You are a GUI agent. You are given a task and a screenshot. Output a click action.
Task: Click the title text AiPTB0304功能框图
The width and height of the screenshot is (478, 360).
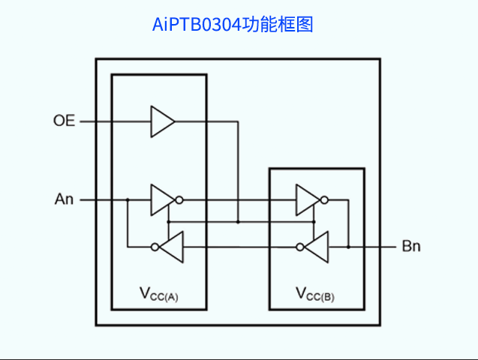tap(233, 25)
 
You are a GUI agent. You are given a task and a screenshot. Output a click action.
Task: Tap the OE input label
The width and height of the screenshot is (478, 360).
tap(64, 121)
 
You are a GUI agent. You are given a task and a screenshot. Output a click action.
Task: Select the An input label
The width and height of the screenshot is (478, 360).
tap(65, 199)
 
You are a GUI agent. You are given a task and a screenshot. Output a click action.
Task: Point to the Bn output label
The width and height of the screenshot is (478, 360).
tap(411, 246)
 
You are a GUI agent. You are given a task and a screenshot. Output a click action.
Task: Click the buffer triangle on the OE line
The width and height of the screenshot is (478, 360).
tap(161, 121)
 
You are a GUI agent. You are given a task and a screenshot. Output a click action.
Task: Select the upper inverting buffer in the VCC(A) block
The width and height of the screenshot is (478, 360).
tap(161, 199)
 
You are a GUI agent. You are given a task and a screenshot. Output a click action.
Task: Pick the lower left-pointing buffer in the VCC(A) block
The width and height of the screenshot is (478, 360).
tap(172, 247)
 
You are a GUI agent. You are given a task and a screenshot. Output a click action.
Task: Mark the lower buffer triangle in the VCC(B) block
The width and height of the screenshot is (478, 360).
tap(317, 247)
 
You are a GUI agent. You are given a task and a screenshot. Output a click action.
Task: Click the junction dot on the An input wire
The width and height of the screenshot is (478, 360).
tap(128, 199)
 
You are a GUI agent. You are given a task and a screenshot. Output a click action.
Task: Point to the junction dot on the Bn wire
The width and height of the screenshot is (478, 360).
tap(348, 246)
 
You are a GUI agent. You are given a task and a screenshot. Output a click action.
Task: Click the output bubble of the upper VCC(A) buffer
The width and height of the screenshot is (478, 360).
tap(179, 199)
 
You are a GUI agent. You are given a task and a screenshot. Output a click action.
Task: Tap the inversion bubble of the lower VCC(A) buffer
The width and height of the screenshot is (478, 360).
tap(155, 247)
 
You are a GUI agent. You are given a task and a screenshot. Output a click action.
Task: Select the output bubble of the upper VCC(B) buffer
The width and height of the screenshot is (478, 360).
tap(324, 199)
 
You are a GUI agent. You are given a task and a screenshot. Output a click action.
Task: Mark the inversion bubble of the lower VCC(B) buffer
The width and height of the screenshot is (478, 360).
tap(300, 247)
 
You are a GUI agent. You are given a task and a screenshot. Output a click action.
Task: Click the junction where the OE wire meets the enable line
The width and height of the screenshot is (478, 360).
tap(238, 222)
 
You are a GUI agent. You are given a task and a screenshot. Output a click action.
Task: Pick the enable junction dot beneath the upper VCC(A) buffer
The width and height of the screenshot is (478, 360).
tap(168, 222)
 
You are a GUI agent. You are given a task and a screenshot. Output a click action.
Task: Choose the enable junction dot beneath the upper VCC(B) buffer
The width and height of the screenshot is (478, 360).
tap(314, 222)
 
